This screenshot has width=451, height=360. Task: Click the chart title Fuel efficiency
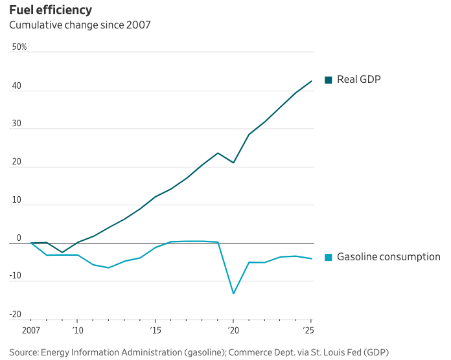pos(51,10)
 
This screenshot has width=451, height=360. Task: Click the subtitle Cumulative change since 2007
pos(79,26)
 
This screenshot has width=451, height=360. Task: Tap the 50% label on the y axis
pos(19,47)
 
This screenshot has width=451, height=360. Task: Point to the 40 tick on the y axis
pos(17,86)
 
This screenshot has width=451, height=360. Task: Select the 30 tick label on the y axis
pos(17,124)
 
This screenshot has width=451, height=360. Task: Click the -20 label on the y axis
pos(16,315)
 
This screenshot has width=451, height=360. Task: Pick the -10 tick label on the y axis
pos(16,276)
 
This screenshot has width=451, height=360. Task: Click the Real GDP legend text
pos(359,80)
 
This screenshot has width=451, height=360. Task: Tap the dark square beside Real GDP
pos(329,80)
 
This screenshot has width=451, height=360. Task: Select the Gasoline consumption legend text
pos(389,257)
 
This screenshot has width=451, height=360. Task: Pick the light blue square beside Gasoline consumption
pos(329,257)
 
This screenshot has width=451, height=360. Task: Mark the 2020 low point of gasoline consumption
pos(233,293)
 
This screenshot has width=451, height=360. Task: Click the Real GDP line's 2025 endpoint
pos(312,81)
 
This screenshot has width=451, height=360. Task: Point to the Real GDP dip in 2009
pos(62,253)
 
